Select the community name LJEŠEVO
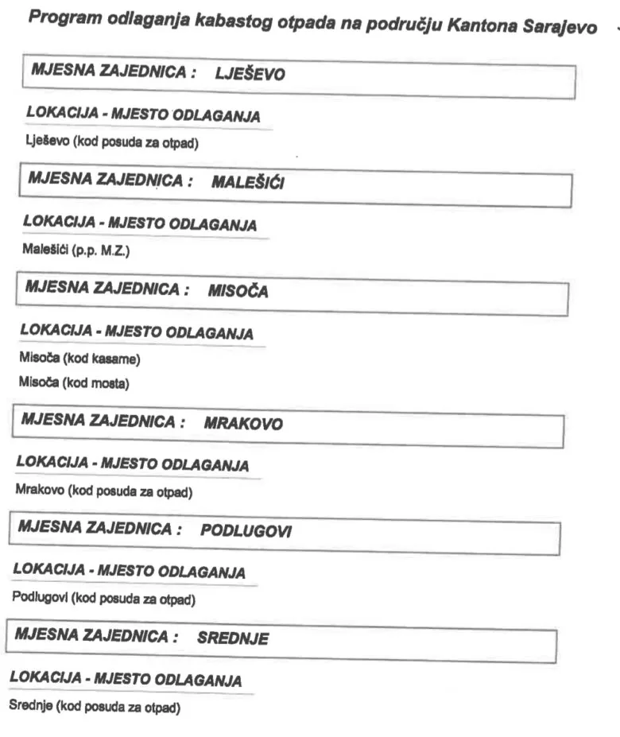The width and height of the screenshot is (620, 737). (x=250, y=76)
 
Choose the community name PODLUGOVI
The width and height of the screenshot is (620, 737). (x=246, y=531)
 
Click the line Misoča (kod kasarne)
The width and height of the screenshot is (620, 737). (x=79, y=360)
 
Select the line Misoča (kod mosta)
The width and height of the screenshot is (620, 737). (x=74, y=386)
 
